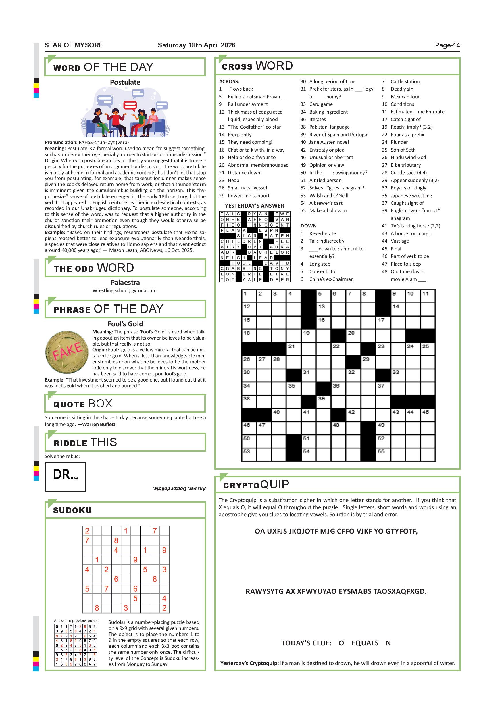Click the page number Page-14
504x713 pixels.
(x=447, y=45)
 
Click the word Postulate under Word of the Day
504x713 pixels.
(x=125, y=82)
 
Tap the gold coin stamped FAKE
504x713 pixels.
(x=67, y=352)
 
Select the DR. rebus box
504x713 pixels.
(x=65, y=476)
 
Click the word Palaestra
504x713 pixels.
(x=125, y=283)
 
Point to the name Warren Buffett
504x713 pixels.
(x=99, y=425)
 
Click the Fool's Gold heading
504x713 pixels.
(x=125, y=324)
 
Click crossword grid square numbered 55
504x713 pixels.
(x=383, y=454)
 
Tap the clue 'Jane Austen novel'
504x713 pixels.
(x=329, y=142)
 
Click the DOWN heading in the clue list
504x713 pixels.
(x=308, y=226)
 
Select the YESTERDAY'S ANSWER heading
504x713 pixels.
(x=255, y=206)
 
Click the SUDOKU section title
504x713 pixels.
(x=72, y=511)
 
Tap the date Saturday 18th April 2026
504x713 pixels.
(x=197, y=45)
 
